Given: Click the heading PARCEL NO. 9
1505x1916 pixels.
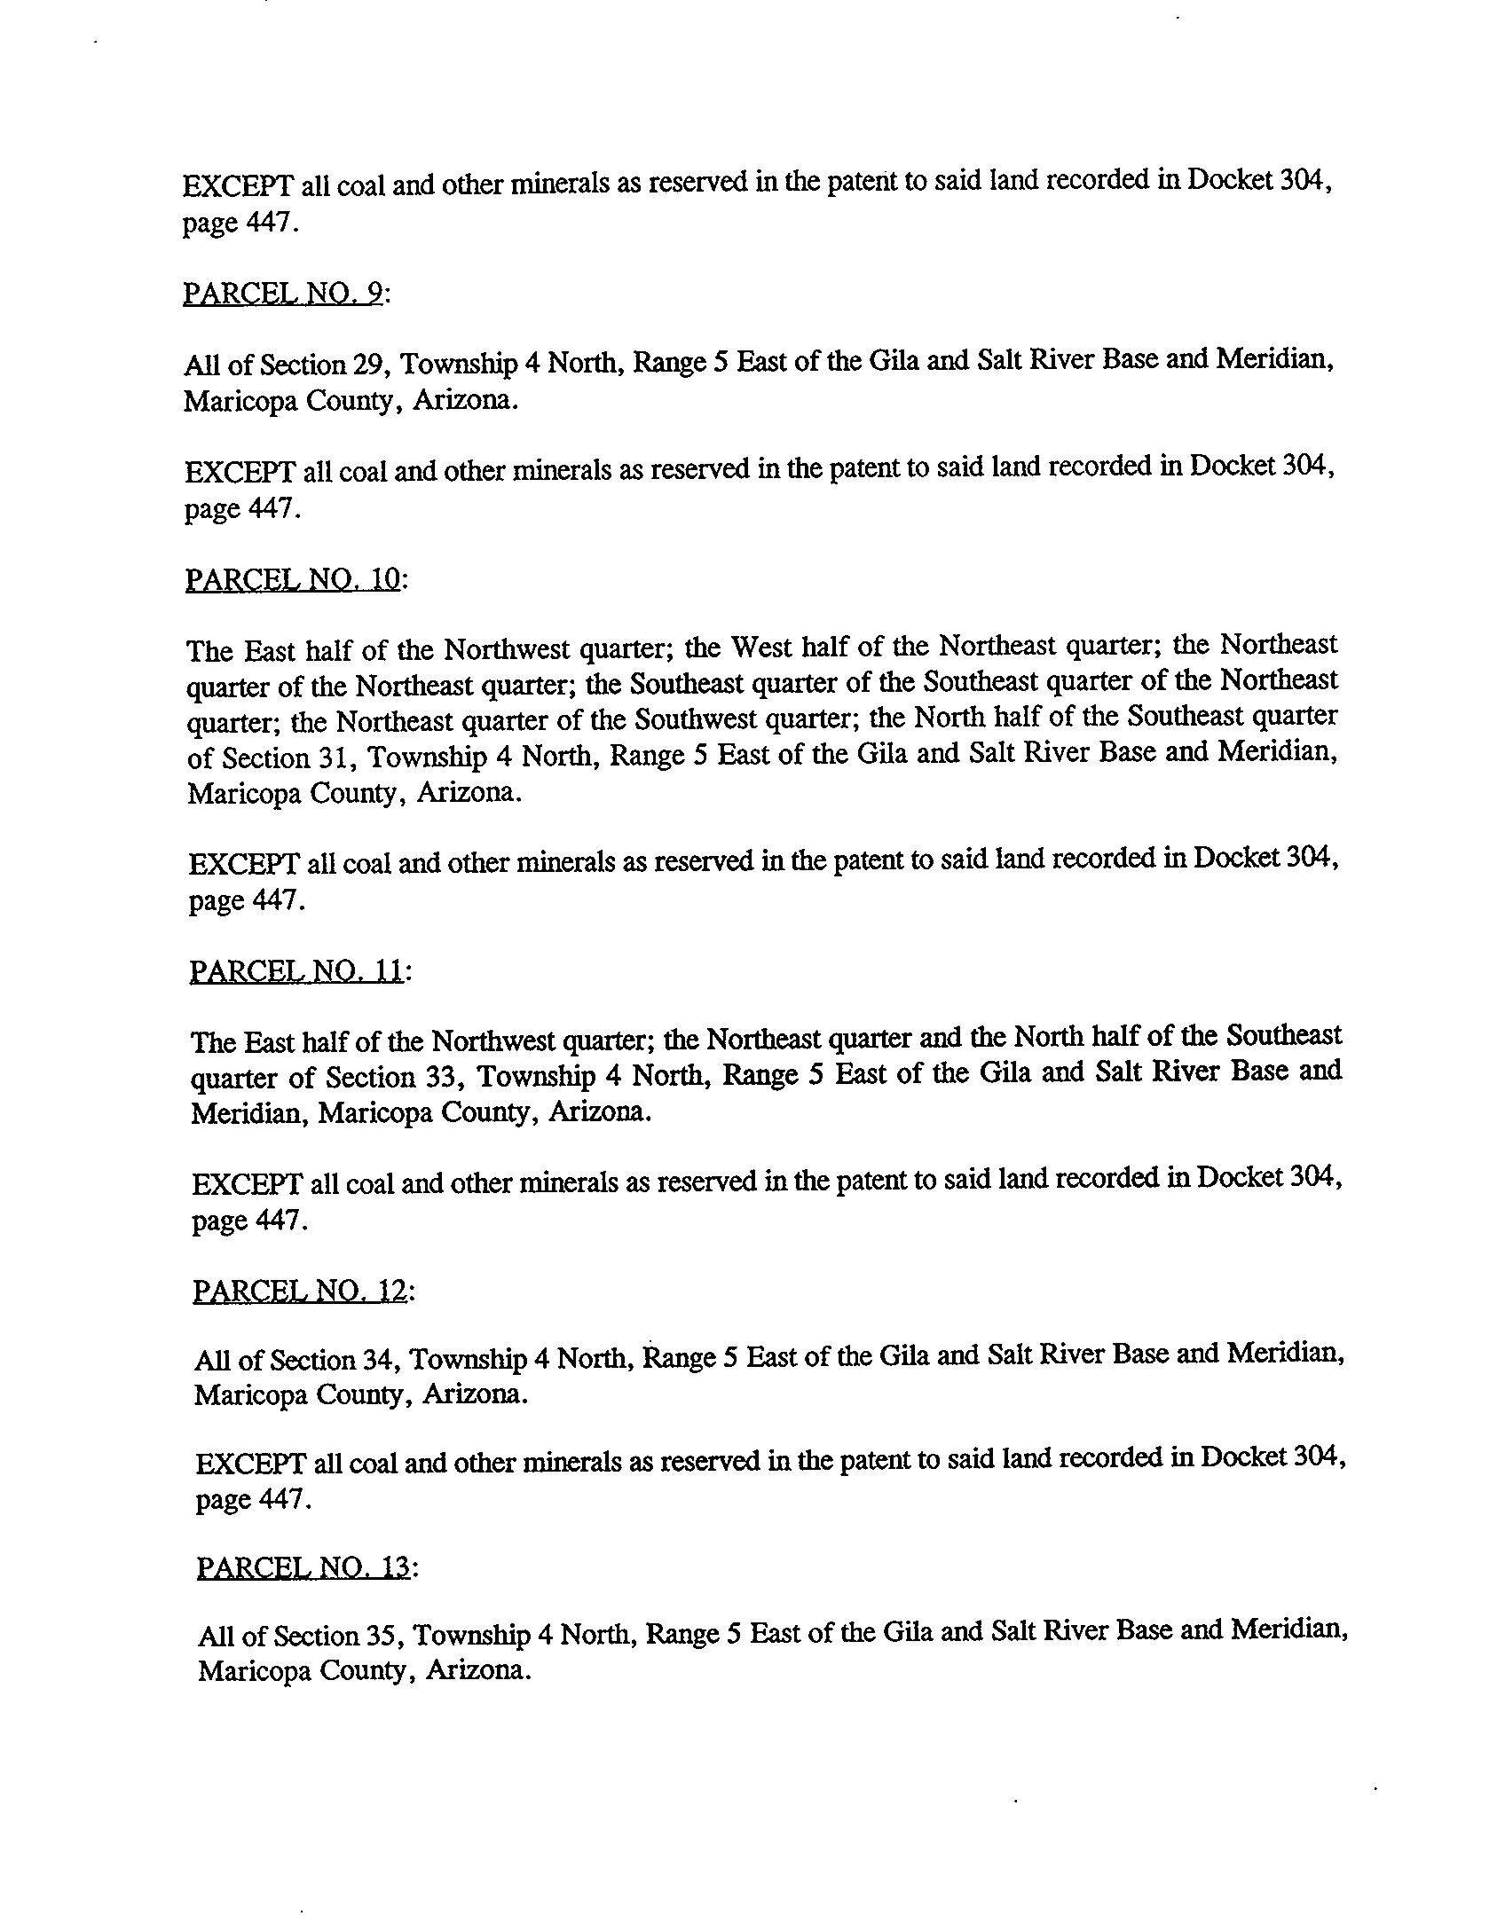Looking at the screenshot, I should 282,293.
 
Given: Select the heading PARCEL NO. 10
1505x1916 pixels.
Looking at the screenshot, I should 294,579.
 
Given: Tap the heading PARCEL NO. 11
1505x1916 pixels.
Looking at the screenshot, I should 296,971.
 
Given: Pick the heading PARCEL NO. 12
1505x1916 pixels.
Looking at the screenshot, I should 300,1291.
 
